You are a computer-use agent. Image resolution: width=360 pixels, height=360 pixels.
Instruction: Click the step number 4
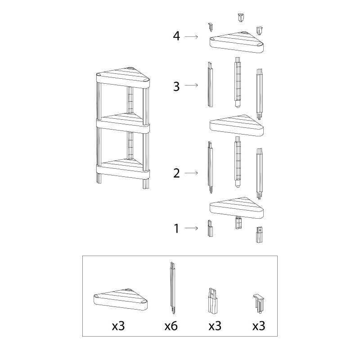pos(176,36)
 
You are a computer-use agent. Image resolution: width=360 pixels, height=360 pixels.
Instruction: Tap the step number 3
pos(176,86)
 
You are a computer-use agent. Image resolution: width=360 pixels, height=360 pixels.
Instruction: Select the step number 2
pos(176,173)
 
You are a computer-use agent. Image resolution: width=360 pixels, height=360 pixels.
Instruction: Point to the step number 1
pos(176,229)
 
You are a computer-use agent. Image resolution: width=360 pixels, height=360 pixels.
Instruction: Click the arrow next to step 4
pos(191,36)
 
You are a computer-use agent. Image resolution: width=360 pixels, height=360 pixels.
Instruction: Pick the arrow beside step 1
pos(191,228)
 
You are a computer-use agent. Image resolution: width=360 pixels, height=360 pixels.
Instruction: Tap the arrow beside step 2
pos(191,173)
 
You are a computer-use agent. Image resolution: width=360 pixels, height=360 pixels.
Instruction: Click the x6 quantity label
pos(171,326)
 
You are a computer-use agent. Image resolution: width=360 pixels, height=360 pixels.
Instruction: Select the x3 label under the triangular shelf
pos(118,326)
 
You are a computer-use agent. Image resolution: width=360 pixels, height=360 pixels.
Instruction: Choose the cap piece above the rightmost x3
pos(258,303)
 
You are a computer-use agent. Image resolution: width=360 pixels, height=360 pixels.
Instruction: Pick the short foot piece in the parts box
pos(212,301)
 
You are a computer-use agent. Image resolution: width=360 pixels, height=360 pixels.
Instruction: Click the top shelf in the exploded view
pos(237,43)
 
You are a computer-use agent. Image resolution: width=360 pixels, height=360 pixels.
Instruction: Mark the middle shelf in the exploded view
pos(237,126)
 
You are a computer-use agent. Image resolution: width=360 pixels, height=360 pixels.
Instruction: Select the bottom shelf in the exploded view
pos(237,208)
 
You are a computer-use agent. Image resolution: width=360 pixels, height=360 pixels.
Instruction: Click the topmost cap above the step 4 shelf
pos(240,18)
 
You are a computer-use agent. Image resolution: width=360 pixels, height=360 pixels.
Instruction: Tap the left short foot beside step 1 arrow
pos(210,229)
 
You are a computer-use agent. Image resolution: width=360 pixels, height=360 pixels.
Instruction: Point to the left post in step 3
pos(210,84)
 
